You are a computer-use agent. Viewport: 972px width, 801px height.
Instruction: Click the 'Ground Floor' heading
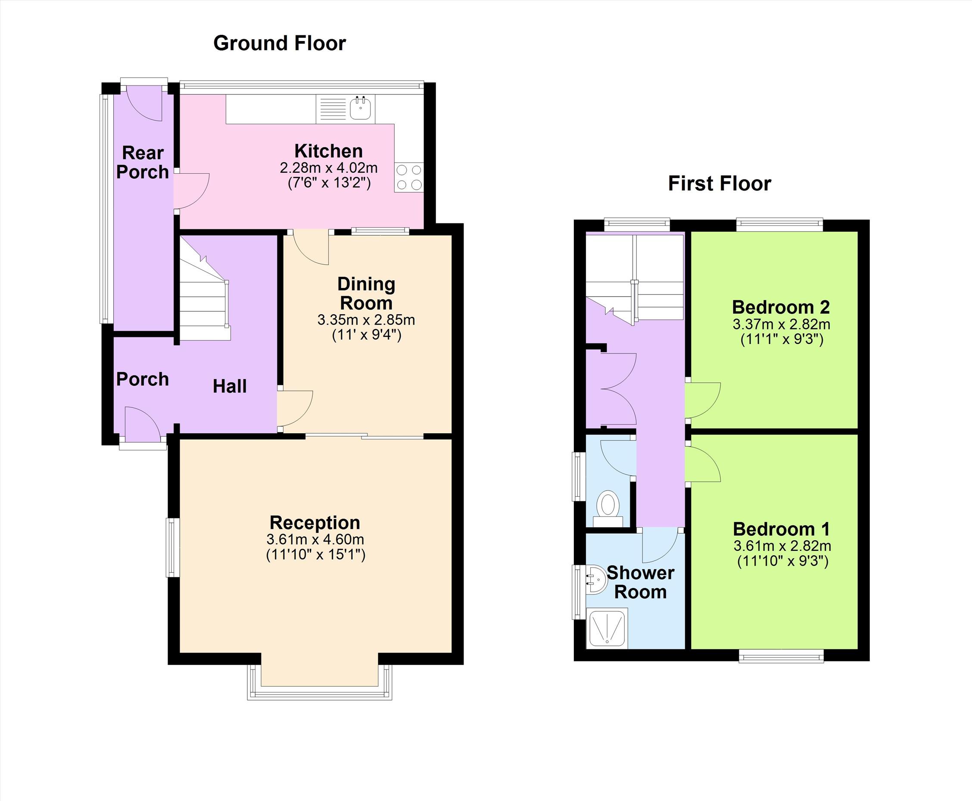280,44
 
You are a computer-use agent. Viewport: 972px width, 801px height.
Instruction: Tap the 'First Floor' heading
720,184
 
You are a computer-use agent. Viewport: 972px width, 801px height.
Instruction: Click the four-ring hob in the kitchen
409,177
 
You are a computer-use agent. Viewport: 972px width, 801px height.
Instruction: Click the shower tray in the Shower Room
607,628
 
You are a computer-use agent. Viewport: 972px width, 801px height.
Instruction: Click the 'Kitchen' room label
328,151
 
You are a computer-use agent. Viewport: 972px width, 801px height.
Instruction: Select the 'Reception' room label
315,523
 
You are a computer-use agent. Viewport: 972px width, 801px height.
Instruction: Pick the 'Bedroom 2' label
781,307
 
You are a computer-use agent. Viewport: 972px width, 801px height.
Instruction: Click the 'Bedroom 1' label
782,529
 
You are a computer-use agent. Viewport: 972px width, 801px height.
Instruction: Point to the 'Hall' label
230,386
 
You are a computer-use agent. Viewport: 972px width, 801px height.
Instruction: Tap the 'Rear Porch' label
143,162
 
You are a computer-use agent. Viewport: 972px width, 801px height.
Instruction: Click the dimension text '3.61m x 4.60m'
315,539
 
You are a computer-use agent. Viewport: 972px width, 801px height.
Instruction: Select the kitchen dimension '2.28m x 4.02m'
329,167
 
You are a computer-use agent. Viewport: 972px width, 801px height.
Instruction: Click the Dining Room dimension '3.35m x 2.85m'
366,319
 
